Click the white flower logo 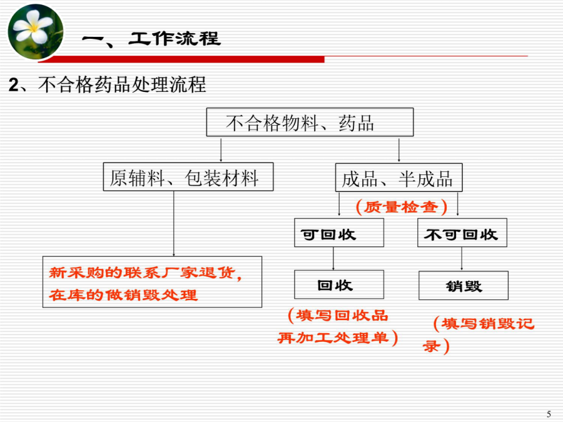[x=36, y=32]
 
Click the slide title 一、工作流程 [x=151, y=39]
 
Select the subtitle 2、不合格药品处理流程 [x=108, y=84]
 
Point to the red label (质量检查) [x=402, y=207]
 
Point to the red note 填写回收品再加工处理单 [x=338, y=326]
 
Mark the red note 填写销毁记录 [x=479, y=335]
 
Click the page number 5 [x=548, y=414]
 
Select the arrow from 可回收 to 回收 [x=333, y=258]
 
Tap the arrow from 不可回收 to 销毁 [x=462, y=259]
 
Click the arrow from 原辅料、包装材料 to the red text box [x=174, y=224]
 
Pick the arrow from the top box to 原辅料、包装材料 [x=221, y=149]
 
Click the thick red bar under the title [x=181, y=59]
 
